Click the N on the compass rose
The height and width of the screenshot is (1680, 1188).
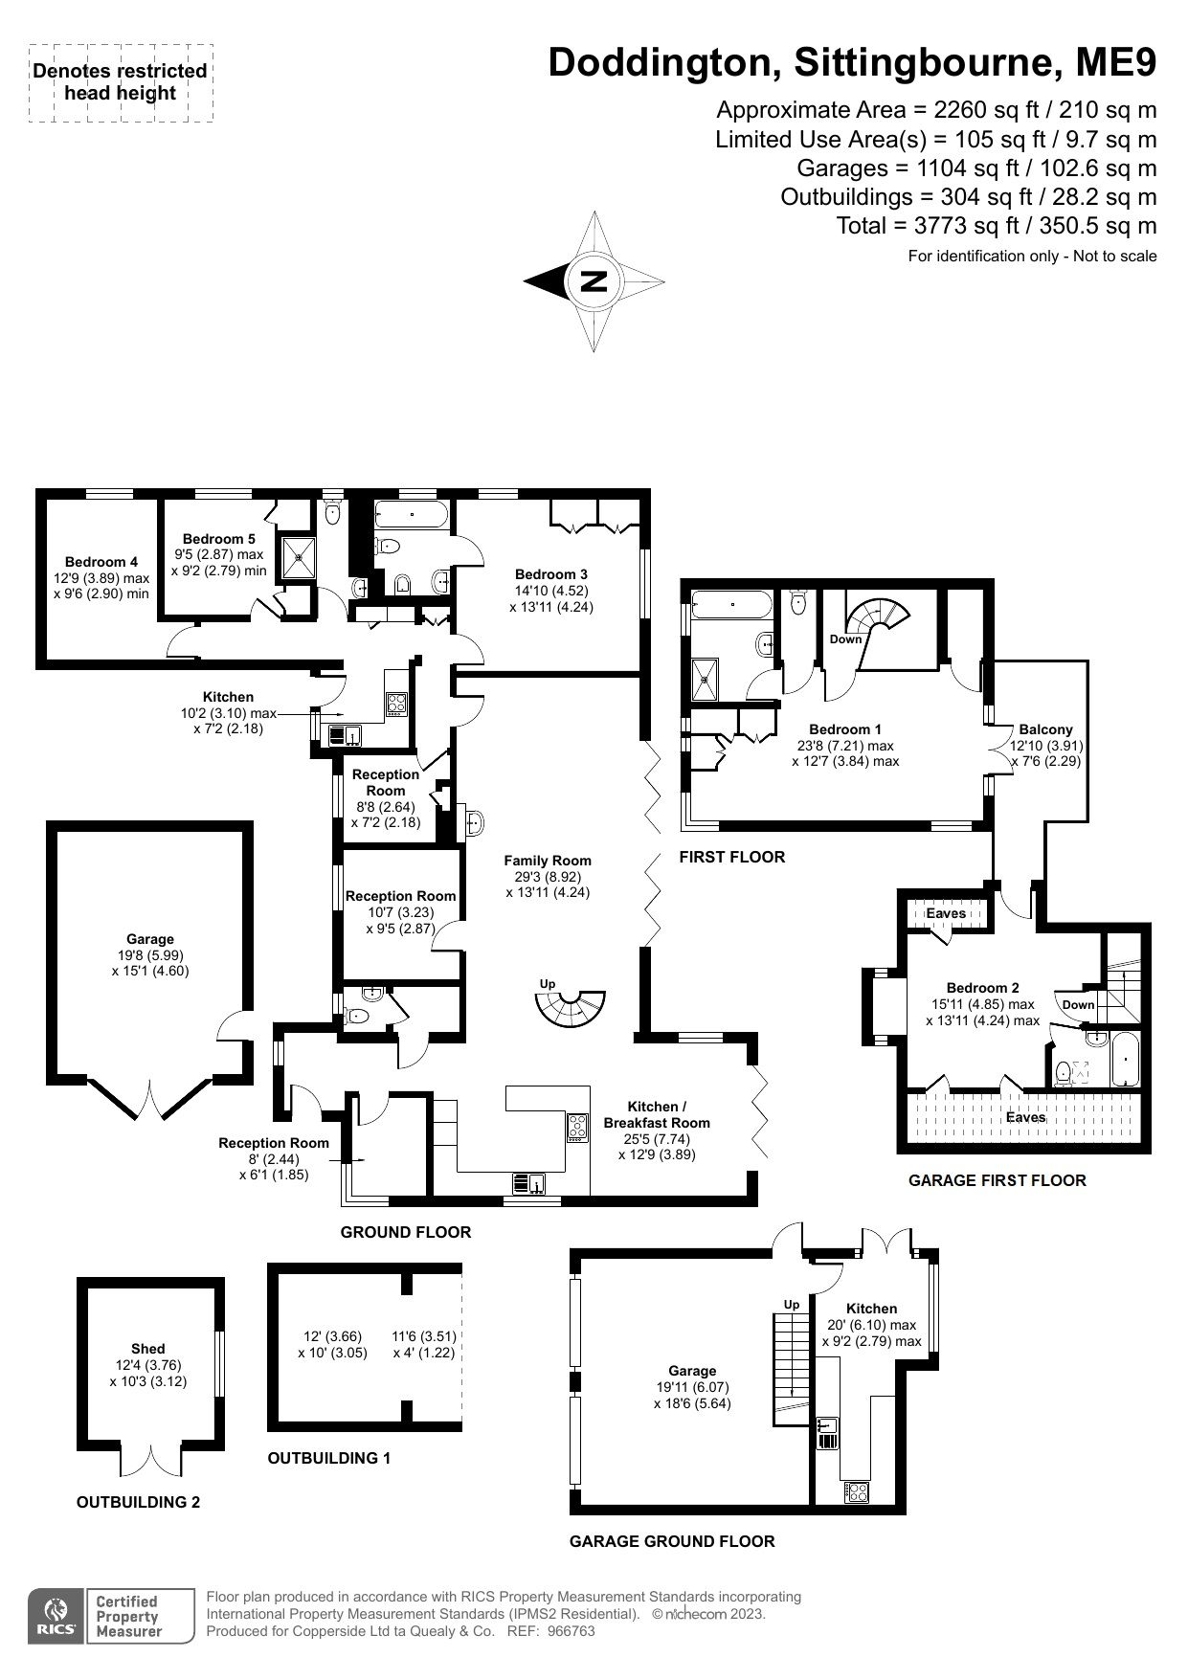[x=594, y=281]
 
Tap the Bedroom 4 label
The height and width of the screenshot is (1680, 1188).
[x=101, y=562]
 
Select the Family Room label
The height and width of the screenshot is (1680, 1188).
[x=548, y=861]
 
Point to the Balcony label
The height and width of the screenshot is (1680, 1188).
[x=1045, y=729]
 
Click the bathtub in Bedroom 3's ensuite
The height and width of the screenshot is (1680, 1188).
[x=413, y=515]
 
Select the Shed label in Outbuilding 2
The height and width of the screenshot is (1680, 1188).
[x=148, y=1349]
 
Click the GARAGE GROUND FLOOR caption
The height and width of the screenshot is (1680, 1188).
[x=672, y=1541]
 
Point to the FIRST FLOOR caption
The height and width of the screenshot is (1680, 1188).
[x=732, y=857]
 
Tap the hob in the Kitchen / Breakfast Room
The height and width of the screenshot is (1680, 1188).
[x=578, y=1127]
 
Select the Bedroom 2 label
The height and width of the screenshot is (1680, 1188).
[x=982, y=988]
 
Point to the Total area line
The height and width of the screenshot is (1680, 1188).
[x=997, y=226]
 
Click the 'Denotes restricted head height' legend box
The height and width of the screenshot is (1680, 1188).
[x=121, y=82]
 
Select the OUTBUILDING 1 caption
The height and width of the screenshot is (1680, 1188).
[x=329, y=1459]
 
